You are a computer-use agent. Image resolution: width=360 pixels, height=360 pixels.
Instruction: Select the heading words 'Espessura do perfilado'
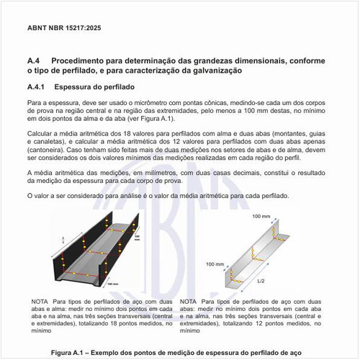click(x=97, y=86)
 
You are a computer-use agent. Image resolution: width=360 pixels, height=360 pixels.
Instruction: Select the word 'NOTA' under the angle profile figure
click(x=191, y=300)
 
